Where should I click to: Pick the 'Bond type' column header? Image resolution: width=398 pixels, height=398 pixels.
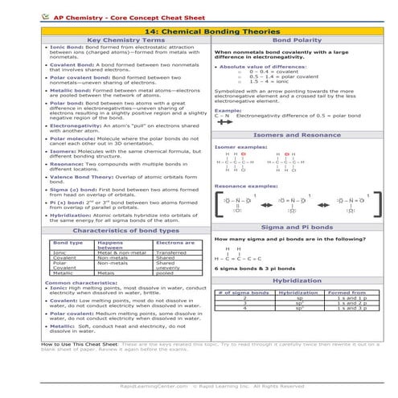67,242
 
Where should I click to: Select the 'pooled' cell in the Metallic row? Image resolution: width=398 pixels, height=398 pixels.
164,273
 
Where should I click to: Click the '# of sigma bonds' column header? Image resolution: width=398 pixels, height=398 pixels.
244,293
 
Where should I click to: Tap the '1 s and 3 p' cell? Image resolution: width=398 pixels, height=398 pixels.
351,308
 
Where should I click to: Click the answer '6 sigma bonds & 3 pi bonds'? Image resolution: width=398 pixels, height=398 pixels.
252,267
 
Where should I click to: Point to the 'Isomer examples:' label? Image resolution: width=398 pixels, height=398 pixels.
236,148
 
